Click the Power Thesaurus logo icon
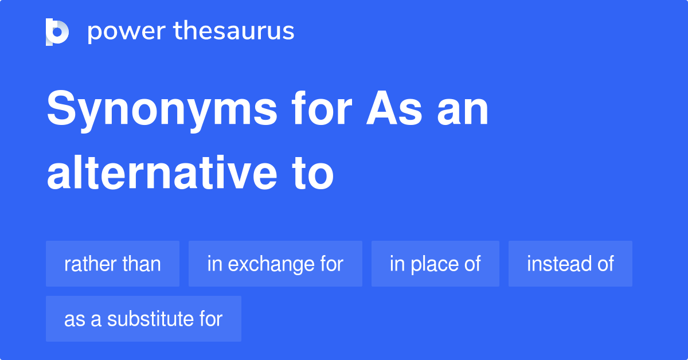coord(57,32)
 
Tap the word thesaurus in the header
coord(234,32)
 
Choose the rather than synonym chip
coord(112,264)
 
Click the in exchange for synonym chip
coord(275,264)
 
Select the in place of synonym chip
coord(435,264)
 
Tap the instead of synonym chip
coord(570,264)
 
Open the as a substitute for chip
coord(143,319)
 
